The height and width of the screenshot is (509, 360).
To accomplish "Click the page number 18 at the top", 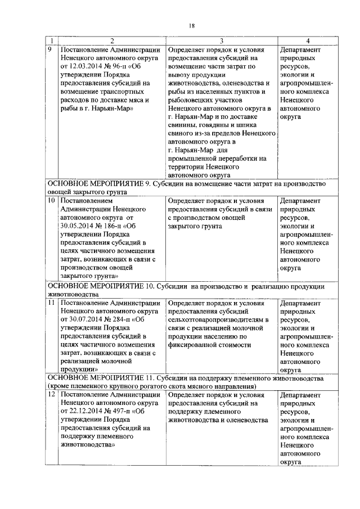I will click(191, 25).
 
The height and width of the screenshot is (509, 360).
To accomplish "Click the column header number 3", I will click(222, 40).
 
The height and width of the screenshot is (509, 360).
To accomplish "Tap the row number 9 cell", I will click(50, 49).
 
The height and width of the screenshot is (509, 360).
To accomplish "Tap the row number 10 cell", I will click(51, 200).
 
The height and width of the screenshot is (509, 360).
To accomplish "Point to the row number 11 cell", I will click(51, 302).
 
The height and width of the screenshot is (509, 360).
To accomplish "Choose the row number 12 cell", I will click(51, 395).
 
